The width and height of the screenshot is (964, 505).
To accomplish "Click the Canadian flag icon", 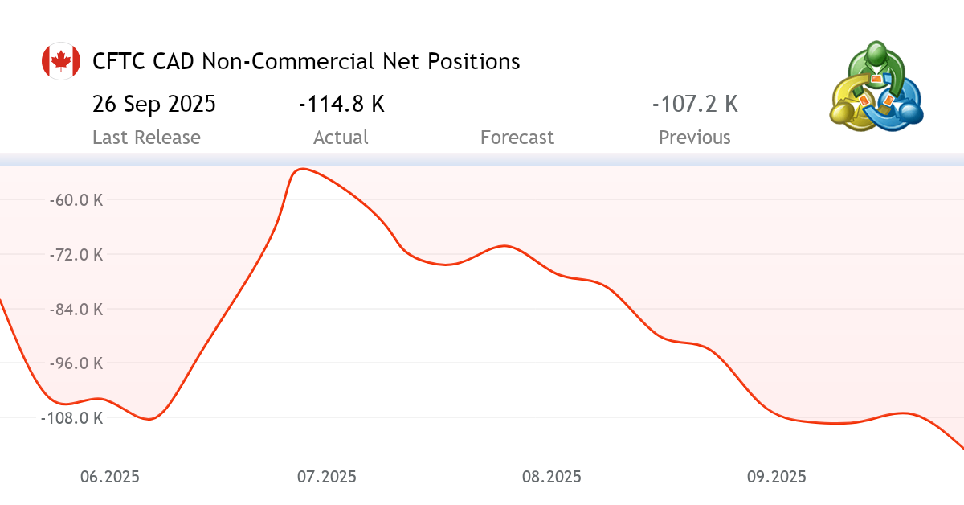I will point(60,61).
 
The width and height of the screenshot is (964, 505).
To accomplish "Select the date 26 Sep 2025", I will point(153,105).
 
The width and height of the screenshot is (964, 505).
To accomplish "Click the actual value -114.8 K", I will point(341,105).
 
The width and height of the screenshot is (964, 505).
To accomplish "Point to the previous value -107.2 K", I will point(695,105).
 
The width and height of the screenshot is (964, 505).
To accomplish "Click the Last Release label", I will point(146,138).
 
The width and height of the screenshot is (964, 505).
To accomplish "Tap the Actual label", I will point(341,138).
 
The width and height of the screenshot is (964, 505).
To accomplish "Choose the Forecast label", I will point(517,138).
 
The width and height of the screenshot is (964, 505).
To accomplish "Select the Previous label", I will point(695,138).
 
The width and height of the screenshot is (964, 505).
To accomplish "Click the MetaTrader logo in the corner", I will point(876,86).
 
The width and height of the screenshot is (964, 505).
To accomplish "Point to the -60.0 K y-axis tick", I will point(76,200).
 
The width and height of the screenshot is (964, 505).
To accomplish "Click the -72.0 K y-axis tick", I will point(76,255).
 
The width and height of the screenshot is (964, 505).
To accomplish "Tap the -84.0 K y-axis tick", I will point(76,310).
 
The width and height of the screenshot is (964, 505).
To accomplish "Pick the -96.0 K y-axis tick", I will point(76,363).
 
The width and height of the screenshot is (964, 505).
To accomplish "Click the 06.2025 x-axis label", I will point(110,477).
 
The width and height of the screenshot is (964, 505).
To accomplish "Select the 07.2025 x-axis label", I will point(327,477).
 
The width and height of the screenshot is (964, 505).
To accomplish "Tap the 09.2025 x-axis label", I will point(776,477).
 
